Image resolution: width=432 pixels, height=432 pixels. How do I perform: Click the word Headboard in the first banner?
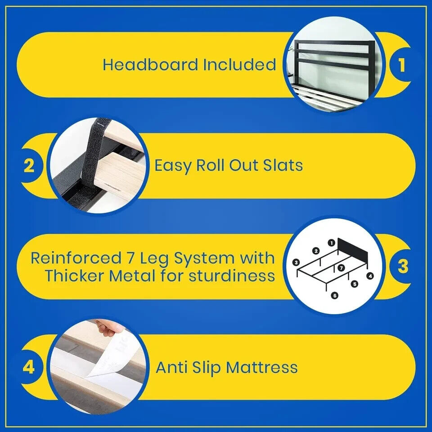[150, 65]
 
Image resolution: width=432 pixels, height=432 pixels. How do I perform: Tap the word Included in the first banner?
[239, 65]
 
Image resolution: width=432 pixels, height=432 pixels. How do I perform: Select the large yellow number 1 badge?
[401, 65]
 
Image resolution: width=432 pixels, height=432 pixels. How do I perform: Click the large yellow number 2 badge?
[29, 165]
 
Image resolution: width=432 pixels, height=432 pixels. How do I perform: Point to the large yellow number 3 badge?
[403, 266]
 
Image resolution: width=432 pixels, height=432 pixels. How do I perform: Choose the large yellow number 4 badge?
[29, 367]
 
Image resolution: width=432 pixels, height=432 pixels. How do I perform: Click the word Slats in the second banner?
[283, 166]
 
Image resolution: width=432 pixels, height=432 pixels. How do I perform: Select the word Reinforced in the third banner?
[76, 258]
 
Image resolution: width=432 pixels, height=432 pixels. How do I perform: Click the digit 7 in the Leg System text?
[130, 258]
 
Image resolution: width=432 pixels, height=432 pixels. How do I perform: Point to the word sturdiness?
[232, 276]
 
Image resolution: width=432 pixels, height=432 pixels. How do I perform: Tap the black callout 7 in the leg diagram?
[341, 268]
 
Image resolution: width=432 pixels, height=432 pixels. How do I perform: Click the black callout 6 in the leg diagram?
[334, 296]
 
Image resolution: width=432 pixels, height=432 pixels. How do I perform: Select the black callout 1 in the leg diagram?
[332, 243]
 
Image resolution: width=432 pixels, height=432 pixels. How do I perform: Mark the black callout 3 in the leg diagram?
[296, 262]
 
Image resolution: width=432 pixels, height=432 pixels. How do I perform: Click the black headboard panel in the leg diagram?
[352, 251]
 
